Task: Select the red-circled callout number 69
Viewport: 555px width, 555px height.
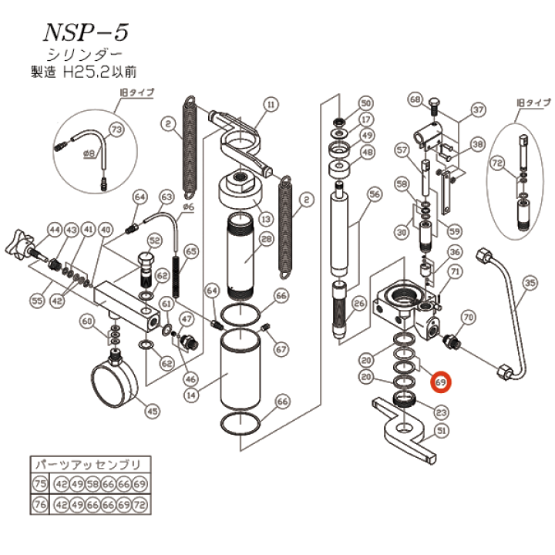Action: [x=442, y=382]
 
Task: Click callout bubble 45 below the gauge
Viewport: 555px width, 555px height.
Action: [x=153, y=411]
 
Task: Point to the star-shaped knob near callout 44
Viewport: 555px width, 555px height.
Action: [x=22, y=244]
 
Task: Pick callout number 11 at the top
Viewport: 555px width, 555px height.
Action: [x=270, y=103]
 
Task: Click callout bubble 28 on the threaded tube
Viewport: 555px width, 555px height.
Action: [x=267, y=240]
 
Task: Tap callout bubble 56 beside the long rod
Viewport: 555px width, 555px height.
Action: [x=375, y=195]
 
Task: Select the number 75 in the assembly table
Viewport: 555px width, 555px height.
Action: [x=39, y=483]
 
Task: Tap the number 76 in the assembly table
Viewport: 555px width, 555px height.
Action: [x=39, y=505]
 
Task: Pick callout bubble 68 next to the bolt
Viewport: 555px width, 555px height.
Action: [x=415, y=99]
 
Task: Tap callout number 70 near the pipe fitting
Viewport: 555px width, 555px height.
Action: [x=467, y=317]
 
